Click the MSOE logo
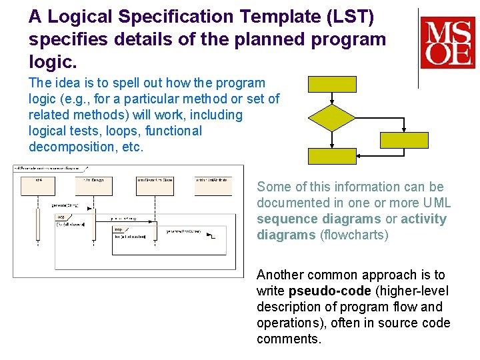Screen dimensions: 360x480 pos(447,43)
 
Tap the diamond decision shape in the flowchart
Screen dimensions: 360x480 pos(332,117)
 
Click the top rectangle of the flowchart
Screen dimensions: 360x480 pos(332,84)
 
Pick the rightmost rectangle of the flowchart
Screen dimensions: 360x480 pos(404,140)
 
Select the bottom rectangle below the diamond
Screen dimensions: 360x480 pos(332,156)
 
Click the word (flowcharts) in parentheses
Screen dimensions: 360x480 pos(355,235)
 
